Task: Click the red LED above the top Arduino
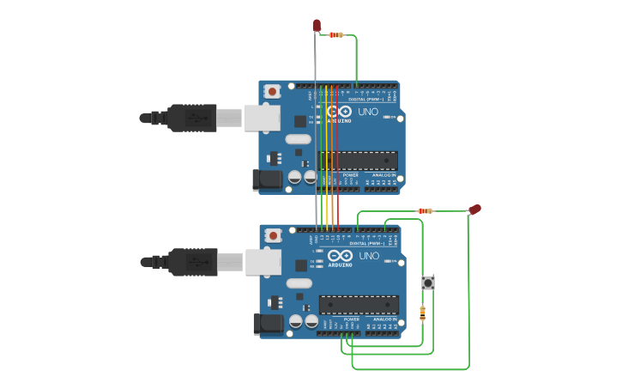317,26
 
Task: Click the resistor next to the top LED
336,35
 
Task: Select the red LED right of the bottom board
474,210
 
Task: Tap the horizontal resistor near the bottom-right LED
426,210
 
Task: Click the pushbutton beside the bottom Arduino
428,283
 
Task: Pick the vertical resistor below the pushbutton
422,313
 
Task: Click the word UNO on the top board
368,112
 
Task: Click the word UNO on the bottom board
369,256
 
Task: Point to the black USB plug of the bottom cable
193,262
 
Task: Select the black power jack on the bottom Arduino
269,324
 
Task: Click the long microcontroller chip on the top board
359,161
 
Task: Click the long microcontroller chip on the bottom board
359,305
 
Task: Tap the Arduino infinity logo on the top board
340,112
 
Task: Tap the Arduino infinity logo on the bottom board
341,256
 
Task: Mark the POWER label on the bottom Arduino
351,319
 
